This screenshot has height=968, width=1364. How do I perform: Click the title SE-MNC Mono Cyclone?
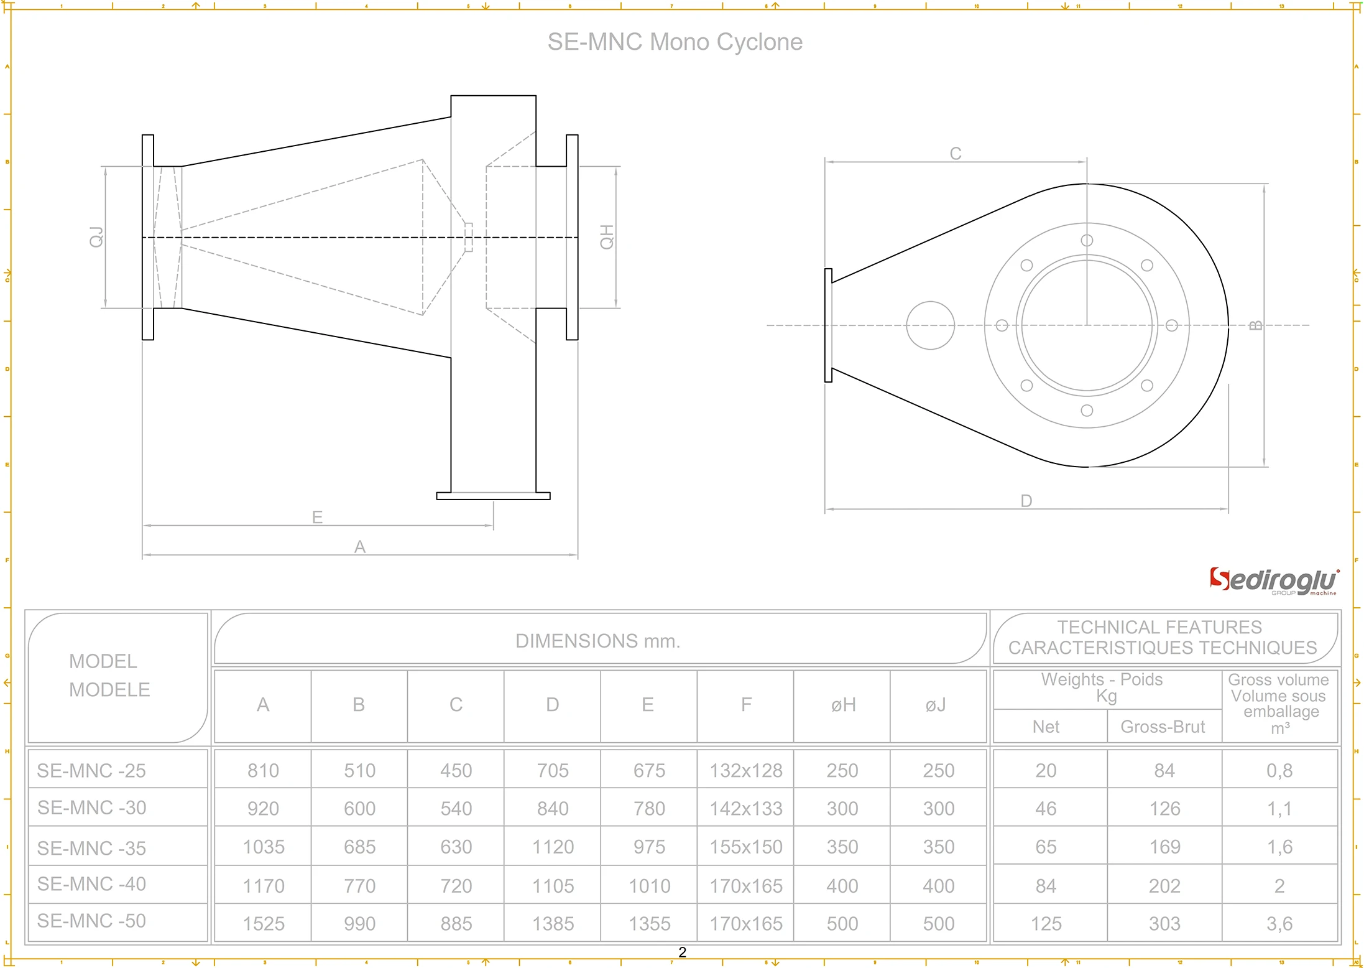pos(675,42)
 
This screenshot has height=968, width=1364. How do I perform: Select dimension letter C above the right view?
pos(956,154)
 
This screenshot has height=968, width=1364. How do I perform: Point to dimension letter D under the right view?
pos(1026,501)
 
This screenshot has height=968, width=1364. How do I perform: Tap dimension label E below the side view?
pos(317,517)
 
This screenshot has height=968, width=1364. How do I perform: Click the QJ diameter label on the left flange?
pos(96,237)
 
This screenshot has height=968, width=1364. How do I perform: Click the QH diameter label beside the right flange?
pos(606,237)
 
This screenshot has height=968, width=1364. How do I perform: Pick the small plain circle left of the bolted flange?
pos(930,325)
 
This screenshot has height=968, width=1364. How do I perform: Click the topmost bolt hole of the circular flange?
pos(1087,241)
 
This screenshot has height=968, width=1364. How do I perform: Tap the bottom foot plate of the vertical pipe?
pos(493,496)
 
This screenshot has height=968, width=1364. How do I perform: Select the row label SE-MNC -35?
pos(91,848)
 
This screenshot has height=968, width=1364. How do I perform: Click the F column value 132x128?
pos(746,771)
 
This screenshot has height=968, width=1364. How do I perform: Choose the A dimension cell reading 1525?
pos(264,924)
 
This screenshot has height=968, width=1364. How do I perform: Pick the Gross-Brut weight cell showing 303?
pos(1164,924)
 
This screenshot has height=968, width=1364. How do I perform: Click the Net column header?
pos(1046,727)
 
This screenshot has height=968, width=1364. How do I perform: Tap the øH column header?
pos(843,705)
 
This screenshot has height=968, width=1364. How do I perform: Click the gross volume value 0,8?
pos(1279,771)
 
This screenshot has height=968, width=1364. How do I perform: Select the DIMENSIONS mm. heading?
pos(598,641)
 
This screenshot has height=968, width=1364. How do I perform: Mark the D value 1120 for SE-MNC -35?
pos(553,847)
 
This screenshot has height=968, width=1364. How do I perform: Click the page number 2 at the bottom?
pos(682,952)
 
